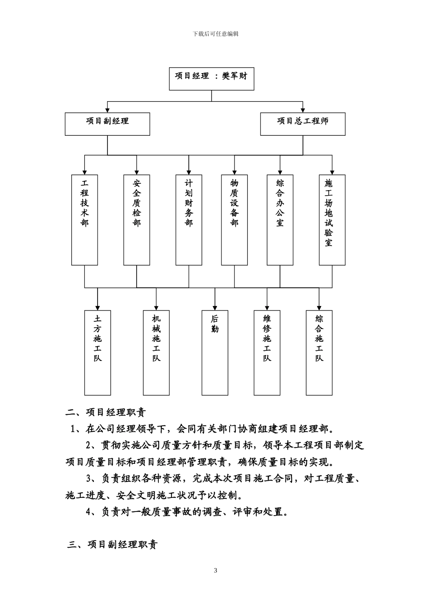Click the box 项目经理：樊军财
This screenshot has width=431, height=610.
(211, 79)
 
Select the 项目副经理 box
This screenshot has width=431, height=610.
(107, 124)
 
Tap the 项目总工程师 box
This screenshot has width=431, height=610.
(303, 124)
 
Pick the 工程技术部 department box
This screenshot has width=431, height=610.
(85, 220)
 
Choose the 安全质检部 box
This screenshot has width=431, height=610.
(137, 220)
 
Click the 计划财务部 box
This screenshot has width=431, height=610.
(189, 220)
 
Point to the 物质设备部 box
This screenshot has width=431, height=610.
(234, 220)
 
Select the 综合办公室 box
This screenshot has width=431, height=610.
(280, 220)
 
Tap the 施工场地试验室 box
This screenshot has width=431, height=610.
(332, 220)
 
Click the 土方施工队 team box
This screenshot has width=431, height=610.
(98, 353)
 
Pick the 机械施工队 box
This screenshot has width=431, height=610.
(156, 353)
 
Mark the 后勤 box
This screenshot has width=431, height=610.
(215, 353)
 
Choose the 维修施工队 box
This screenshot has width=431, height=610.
(267, 353)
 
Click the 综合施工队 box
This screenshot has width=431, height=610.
(319, 353)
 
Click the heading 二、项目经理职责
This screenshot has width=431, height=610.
(106, 413)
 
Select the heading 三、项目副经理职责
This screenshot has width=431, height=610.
(113, 545)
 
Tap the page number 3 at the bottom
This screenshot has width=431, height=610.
(215, 571)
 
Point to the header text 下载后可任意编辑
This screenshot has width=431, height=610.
(215, 34)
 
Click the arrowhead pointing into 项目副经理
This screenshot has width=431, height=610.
(107, 110)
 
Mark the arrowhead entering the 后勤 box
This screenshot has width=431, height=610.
(215, 307)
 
